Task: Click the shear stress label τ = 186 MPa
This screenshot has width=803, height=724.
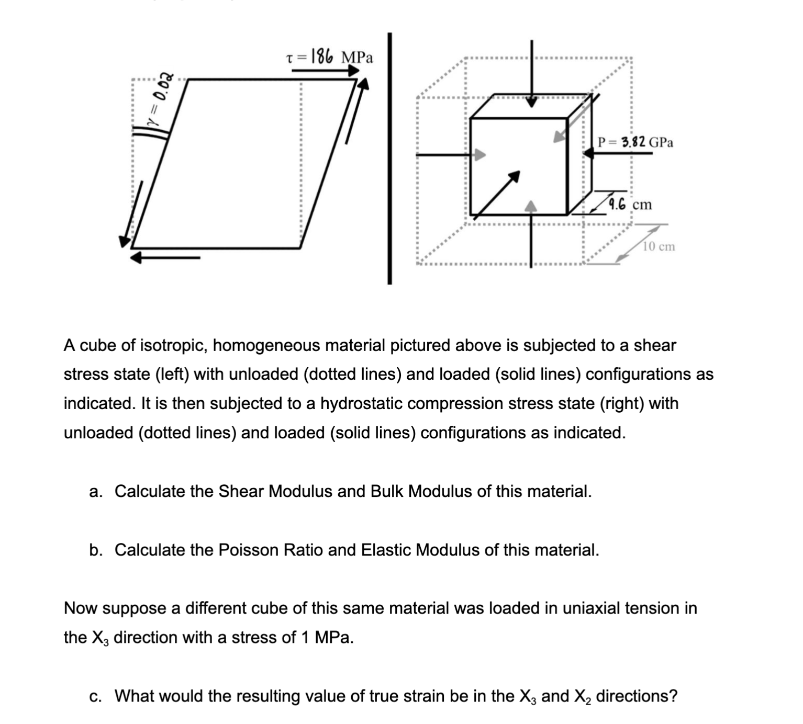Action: tap(330, 56)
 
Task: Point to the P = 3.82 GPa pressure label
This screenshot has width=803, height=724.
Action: tap(635, 142)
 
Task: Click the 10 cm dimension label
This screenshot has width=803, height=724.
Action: tap(659, 246)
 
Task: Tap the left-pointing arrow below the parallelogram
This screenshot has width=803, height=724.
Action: tap(165, 257)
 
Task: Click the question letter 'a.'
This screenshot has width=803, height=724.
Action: tap(96, 491)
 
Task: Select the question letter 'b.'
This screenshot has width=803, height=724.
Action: tap(96, 550)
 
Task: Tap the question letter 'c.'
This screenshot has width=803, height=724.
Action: tap(96, 696)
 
